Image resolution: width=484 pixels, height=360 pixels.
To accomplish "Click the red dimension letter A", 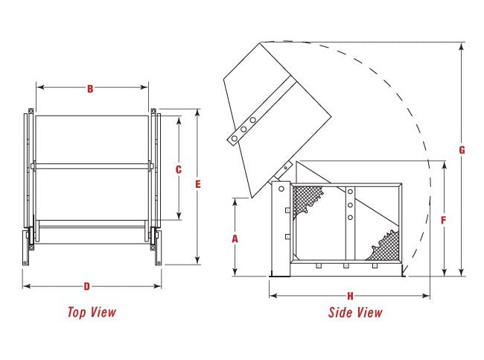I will click(235, 239).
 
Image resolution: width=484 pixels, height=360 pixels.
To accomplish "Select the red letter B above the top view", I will click(90, 89).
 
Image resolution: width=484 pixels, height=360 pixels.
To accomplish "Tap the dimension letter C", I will click(179, 169).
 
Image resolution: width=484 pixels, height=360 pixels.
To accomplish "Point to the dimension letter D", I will click(87, 286).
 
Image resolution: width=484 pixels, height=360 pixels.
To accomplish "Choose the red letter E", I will click(198, 185).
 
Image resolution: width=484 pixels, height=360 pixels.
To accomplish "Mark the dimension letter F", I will click(444, 220).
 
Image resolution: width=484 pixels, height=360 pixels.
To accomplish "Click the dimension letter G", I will click(462, 150).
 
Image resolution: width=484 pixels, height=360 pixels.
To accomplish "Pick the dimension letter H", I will click(351, 295).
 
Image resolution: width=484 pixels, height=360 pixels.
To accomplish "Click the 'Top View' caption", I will click(92, 312).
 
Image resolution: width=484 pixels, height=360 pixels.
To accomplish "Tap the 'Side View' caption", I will click(355, 312).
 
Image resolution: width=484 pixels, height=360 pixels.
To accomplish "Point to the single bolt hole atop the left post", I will click(281, 189).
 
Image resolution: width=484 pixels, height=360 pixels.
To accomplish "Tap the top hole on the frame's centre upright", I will click(349, 192).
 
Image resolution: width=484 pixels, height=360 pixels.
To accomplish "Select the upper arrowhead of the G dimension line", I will click(462, 46).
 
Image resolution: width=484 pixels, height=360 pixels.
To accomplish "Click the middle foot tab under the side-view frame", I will click(346, 265).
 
